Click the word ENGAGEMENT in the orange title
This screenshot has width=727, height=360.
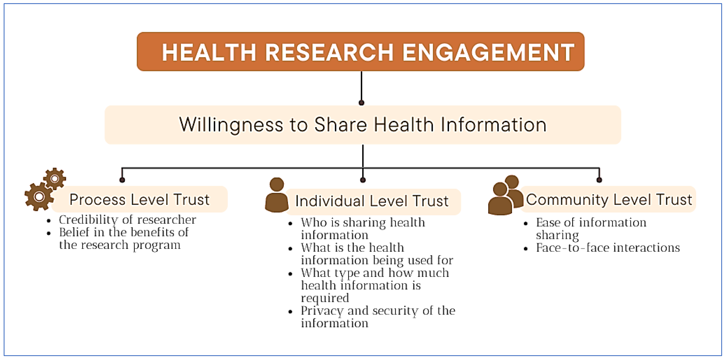(488, 53)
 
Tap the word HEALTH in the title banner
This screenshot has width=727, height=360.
(209, 53)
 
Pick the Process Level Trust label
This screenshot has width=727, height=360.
(139, 200)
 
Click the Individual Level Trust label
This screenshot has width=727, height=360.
(372, 201)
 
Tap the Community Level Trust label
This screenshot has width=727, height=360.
(609, 200)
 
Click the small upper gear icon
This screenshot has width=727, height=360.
(55, 179)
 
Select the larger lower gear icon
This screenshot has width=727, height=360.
(39, 197)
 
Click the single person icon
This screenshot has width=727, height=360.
(277, 195)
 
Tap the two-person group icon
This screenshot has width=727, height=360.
(506, 195)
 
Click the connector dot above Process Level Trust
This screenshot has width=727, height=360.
(122, 180)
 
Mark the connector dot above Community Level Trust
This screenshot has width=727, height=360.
(599, 180)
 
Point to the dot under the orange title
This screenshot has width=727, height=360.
(361, 103)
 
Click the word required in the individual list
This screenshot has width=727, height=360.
(325, 298)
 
